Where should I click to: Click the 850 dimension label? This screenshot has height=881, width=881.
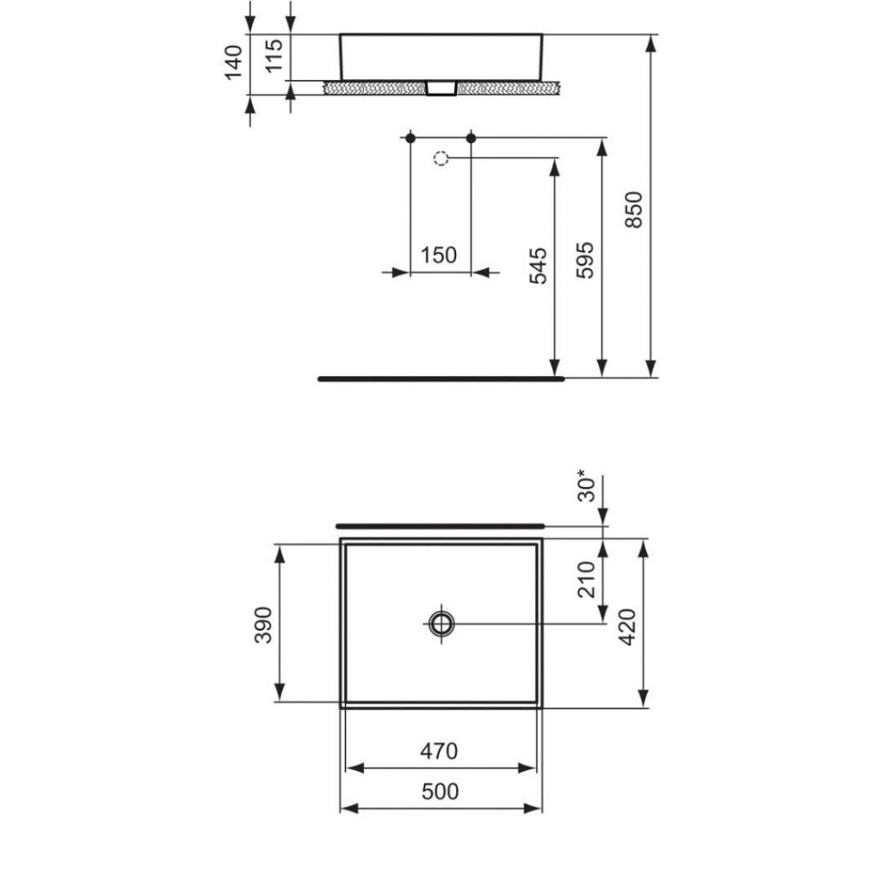tap(634, 210)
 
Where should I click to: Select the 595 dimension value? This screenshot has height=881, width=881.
tap(585, 260)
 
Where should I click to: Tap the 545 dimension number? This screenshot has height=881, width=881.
tap(538, 265)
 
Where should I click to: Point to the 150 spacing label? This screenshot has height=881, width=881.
tap(439, 255)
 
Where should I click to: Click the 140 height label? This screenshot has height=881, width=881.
tap(233, 62)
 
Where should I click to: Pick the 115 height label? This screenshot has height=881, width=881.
tap(274, 55)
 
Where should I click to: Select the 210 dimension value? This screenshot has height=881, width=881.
tap(586, 579)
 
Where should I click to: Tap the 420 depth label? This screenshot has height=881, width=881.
tap(626, 627)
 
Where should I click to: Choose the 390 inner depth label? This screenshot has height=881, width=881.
tap(263, 625)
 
